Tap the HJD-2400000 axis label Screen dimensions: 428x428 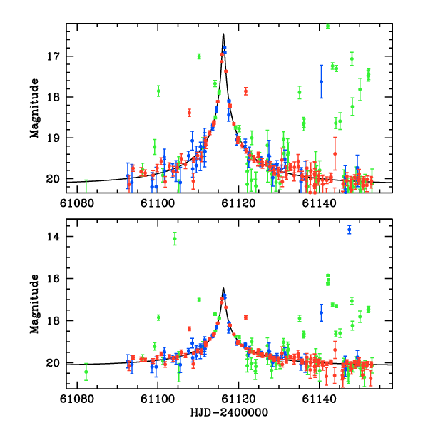(x=230, y=412)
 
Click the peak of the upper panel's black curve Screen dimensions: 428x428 (x=223, y=34)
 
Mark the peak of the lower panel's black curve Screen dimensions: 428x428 (x=223, y=288)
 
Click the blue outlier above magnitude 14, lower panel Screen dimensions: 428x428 (x=350, y=229)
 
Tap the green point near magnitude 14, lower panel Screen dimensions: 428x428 (x=175, y=239)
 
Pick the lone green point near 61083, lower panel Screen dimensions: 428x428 (x=86, y=372)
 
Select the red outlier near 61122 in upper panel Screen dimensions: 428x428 (x=245, y=91)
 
